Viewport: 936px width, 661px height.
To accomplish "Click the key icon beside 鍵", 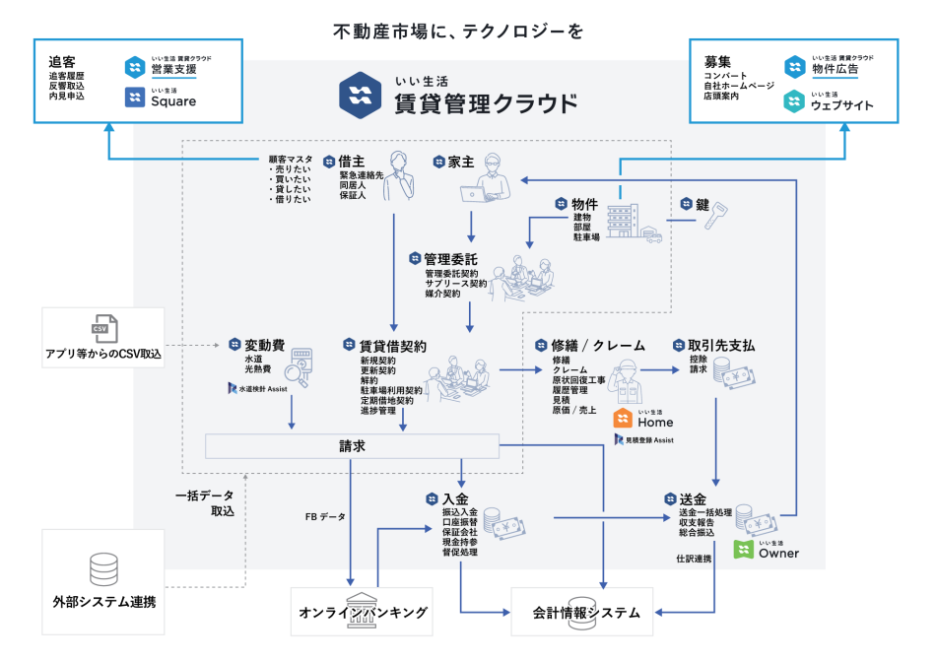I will (713, 217).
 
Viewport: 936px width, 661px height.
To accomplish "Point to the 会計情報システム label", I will (587, 613).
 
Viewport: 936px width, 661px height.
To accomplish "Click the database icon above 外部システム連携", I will (103, 569).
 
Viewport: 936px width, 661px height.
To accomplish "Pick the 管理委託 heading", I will (450, 259).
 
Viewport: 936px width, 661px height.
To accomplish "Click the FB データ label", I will (325, 516).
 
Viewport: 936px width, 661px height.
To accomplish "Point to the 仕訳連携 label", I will (694, 559).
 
